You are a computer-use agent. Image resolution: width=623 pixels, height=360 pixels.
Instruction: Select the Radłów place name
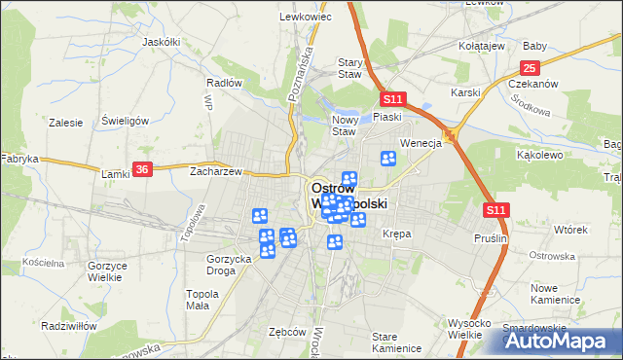tap(224, 83)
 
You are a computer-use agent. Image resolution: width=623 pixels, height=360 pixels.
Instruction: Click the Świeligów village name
tap(125, 121)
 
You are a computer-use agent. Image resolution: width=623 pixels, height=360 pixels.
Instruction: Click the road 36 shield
tap(142, 168)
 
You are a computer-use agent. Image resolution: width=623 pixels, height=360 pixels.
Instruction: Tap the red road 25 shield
tap(530, 67)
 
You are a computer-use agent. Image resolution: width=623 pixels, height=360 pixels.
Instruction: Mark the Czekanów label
tap(532, 84)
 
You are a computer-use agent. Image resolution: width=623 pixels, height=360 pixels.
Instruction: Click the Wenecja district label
tap(421, 143)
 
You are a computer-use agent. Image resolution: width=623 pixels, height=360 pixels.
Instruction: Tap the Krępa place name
tap(397, 234)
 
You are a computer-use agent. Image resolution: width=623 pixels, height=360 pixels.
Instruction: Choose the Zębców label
tap(287, 332)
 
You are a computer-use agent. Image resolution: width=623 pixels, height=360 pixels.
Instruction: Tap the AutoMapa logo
tap(561, 341)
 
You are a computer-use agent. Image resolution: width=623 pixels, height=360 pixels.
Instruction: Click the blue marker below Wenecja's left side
tap(388, 159)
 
